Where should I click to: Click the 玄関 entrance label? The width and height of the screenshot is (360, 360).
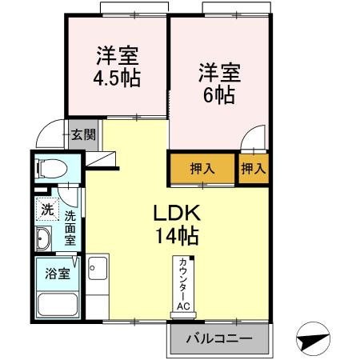pyautogui.click(x=82, y=134)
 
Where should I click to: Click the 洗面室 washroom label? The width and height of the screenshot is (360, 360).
pyautogui.click(x=70, y=226)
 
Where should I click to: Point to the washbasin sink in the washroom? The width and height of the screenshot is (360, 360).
pyautogui.click(x=44, y=238)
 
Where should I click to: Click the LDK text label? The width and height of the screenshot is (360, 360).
pyautogui.click(x=181, y=214)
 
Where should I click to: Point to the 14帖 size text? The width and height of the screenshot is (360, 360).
pyautogui.click(x=181, y=237)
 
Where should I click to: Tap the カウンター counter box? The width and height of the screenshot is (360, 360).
pyautogui.click(x=183, y=282)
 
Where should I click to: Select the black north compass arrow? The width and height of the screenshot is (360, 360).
pyautogui.click(x=311, y=339)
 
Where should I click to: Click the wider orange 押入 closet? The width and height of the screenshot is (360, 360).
pyautogui.click(x=202, y=169)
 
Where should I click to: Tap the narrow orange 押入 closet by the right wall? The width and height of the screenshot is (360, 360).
pyautogui.click(x=253, y=169)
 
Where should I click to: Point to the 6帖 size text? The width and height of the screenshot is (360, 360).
pyautogui.click(x=218, y=94)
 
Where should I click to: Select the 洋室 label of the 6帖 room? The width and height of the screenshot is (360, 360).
pyautogui.click(x=218, y=72)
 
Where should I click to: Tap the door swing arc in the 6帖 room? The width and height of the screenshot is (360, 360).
pyautogui.click(x=254, y=138)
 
